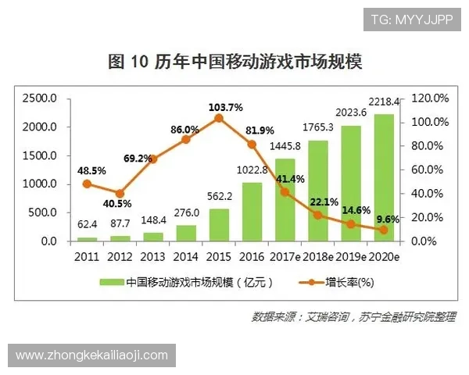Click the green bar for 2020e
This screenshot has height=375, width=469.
click(384, 177)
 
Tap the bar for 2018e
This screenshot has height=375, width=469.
click(318, 191)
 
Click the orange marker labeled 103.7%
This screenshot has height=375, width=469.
click(219, 118)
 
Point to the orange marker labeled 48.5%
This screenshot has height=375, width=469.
click(88, 184)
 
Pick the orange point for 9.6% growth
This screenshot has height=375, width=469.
click(384, 230)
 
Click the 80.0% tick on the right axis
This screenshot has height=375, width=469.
click(428, 146)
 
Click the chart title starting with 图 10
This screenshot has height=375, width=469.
click(234, 62)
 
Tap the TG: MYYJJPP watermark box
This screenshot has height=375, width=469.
click(412, 19)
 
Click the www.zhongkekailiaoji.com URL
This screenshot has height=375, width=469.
click(92, 355)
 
